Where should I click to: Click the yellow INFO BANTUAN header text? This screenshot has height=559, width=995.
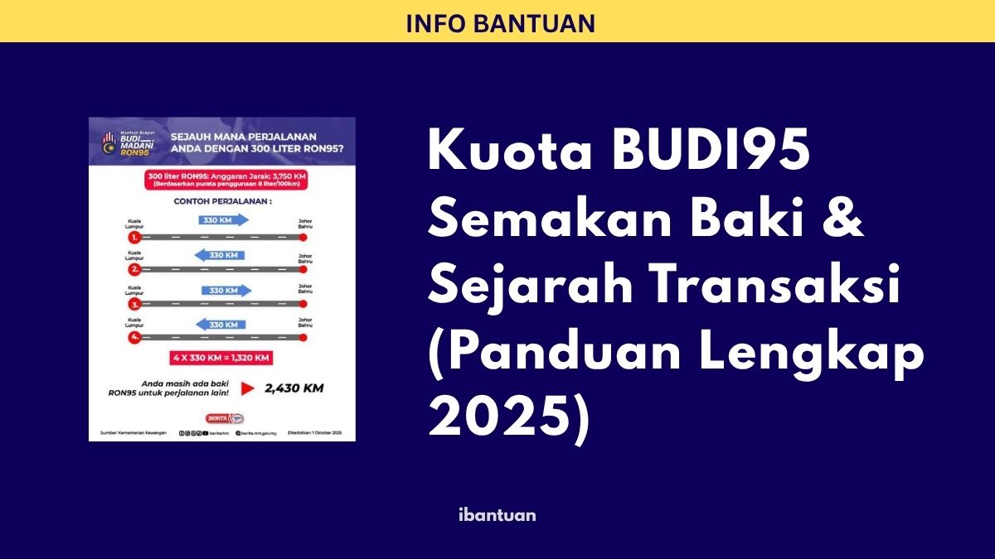point(500,23)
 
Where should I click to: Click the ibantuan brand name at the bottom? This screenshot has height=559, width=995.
point(497,514)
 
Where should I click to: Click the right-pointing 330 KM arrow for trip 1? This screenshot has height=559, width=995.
point(223,220)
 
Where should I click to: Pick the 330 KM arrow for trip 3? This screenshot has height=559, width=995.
point(223,291)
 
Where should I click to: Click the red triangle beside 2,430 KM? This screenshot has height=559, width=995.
point(247,387)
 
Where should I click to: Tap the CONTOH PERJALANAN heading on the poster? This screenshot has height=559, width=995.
point(221,200)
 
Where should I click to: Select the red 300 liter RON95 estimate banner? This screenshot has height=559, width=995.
point(222,180)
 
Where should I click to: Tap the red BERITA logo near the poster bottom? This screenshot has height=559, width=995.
point(215,417)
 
